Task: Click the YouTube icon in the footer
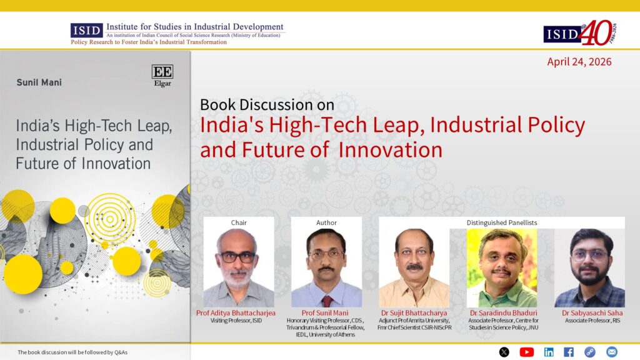(526, 352)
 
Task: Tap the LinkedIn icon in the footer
(549, 352)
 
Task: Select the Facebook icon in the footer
(569, 352)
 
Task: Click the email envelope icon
(611, 352)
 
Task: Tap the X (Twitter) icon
(504, 352)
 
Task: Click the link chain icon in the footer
(590, 352)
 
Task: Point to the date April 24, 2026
(579, 62)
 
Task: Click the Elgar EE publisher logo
(162, 76)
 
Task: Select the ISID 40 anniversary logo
(580, 33)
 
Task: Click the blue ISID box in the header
(86, 31)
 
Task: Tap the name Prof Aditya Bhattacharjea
(236, 313)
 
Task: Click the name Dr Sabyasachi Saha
(592, 313)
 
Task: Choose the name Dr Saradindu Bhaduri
(503, 313)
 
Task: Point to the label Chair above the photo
(239, 223)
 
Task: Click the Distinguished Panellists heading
(502, 223)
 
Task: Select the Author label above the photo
(326, 223)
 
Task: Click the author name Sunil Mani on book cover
(39, 82)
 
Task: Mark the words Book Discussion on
(267, 105)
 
